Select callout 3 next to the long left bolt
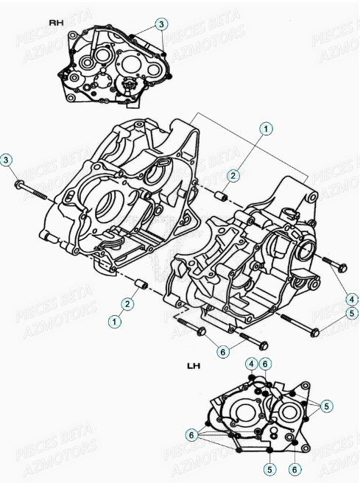tap(7, 160)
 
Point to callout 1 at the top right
tap(266, 128)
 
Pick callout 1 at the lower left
tap(113, 321)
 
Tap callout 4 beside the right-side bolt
tap(352, 299)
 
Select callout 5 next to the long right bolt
tap(352, 313)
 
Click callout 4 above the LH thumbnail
tap(251, 363)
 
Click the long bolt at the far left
tap(32, 193)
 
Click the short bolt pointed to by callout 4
tap(333, 262)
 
